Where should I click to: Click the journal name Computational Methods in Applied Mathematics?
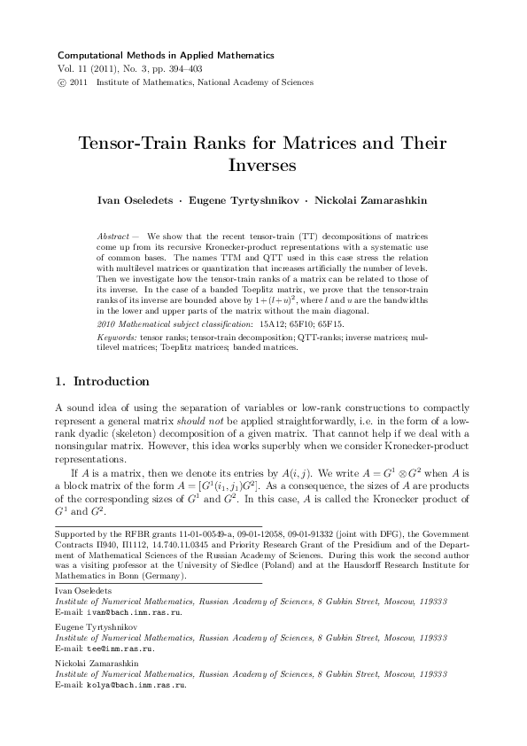tap(165, 55)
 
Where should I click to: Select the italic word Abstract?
tap(110, 237)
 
